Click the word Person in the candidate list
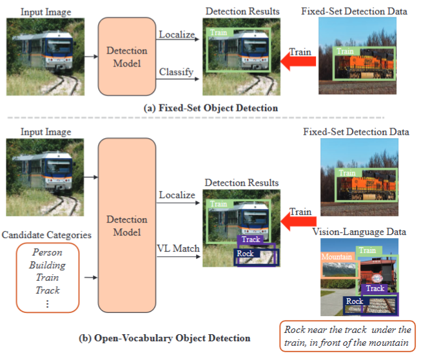(47, 252)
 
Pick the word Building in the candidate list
(47, 265)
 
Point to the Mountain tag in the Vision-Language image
(337, 257)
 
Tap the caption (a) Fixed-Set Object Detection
(210, 108)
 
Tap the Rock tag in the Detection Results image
(246, 254)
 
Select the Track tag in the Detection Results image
(251, 239)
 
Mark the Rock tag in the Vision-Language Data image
(355, 301)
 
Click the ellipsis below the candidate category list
(47, 303)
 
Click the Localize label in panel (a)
(177, 34)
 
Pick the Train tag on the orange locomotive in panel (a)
(346, 51)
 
